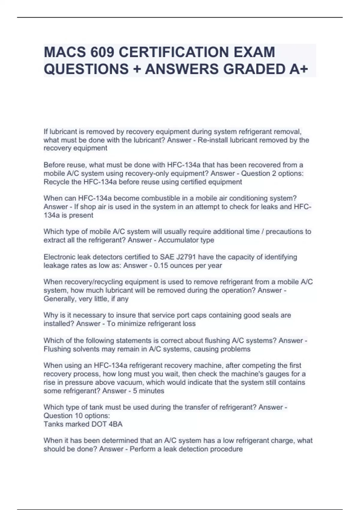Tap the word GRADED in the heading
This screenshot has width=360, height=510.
pyautogui.click(x=255, y=69)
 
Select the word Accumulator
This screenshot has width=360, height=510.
pyautogui.click(x=178, y=240)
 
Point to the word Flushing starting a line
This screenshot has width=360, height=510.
pyautogui.click(x=56, y=349)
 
